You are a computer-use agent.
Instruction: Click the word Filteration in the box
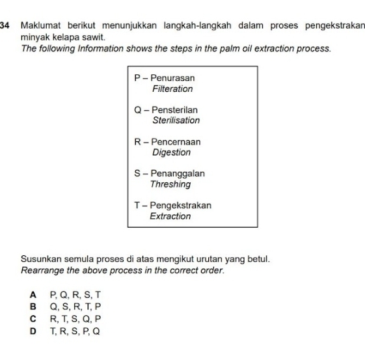[x=172, y=89]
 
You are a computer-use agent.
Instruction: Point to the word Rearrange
[x=45, y=270]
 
